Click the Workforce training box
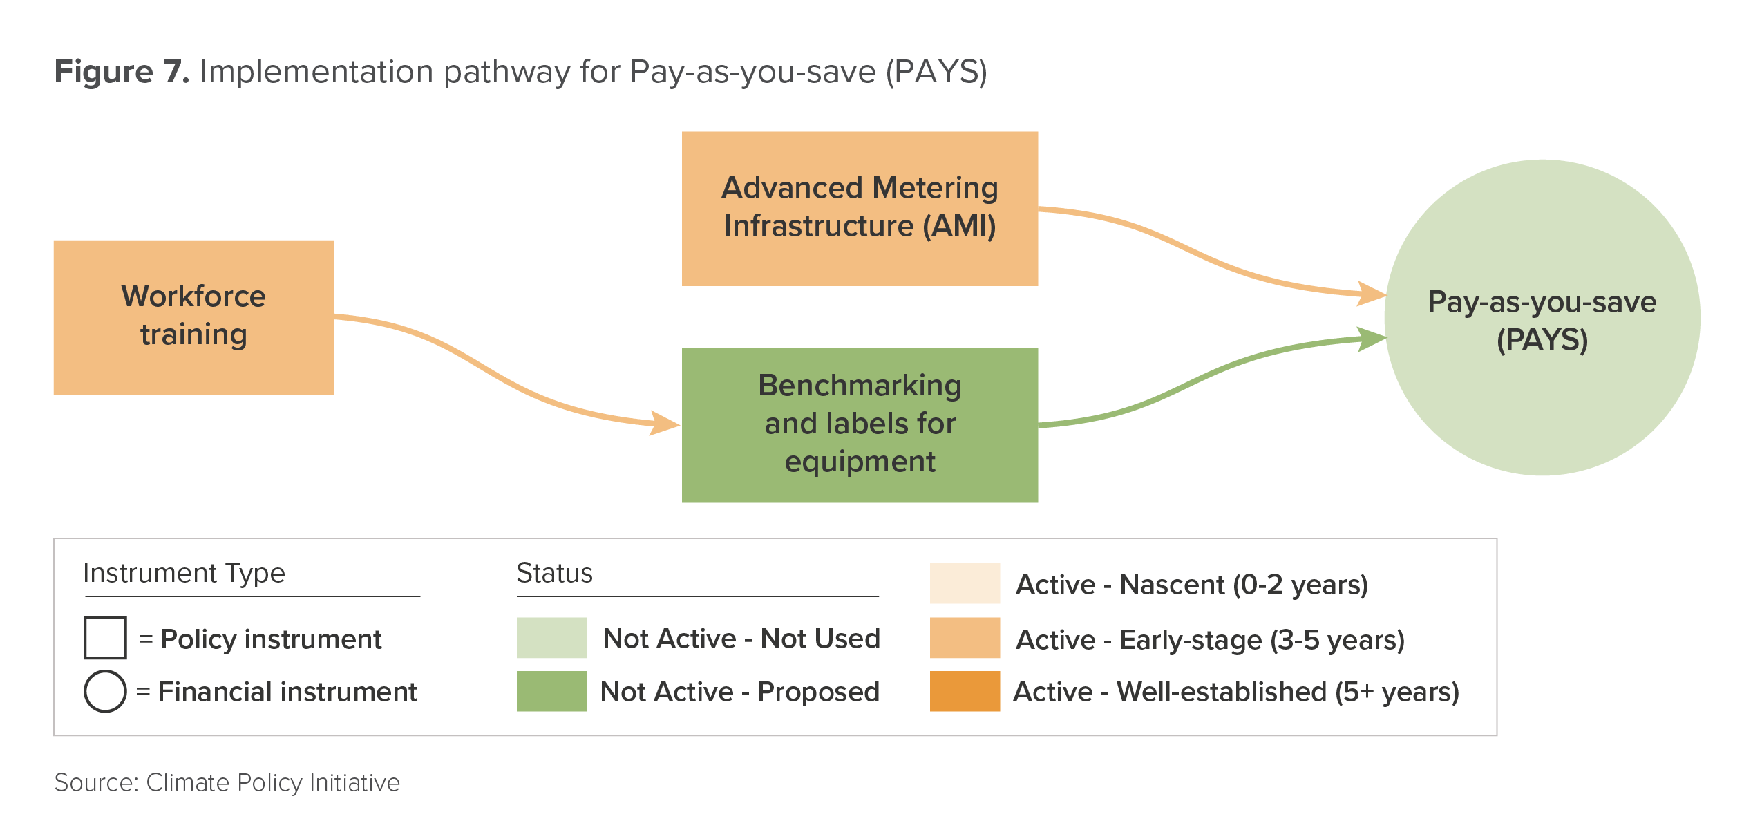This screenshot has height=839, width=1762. tap(193, 317)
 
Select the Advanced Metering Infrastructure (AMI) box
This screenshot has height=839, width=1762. tap(860, 209)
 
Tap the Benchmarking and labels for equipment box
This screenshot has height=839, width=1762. tap(860, 425)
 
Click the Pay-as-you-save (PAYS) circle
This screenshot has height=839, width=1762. tap(1542, 318)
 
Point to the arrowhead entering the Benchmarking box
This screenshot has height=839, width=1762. tap(665, 423)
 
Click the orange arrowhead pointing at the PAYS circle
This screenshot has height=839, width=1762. tap(1372, 294)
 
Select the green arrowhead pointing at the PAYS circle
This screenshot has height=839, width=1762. tap(1372, 339)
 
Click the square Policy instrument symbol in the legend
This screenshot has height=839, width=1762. tap(105, 637)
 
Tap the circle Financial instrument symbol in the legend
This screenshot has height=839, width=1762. tap(105, 691)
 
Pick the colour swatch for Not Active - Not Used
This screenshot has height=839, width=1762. tap(551, 637)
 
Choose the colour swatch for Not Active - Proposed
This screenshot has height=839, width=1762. tap(551, 691)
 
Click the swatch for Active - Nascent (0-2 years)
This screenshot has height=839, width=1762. tap(965, 583)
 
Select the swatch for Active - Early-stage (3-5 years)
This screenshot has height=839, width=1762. tap(965, 637)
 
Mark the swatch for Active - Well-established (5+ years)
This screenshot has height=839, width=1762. tap(965, 691)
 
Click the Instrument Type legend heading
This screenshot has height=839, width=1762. tap(184, 574)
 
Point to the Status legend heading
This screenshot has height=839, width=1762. tap(554, 573)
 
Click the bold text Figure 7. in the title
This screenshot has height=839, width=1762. tap(122, 72)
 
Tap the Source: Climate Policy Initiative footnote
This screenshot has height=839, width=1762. tap(227, 782)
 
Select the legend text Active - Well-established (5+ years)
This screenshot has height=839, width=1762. tap(1236, 692)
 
